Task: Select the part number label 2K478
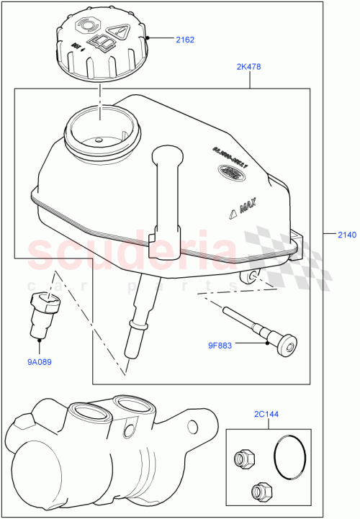[248, 67]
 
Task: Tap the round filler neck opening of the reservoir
[99, 130]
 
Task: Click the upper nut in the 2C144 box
[242, 456]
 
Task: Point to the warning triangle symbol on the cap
[118, 31]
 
